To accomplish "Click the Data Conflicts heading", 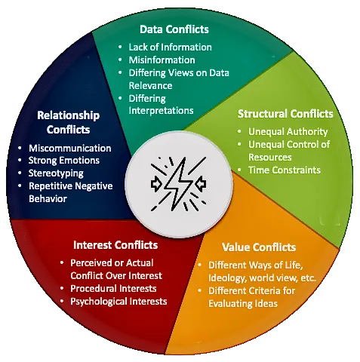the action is coord(174,29).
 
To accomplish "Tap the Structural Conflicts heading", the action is coord(285,114).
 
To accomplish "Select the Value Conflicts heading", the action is coord(259,247).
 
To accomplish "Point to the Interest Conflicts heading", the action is coord(115,245).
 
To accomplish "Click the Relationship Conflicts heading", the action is coord(68,122).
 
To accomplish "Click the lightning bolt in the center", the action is coord(177,184).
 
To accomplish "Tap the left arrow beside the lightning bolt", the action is coord(156,184).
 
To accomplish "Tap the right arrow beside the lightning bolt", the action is coord(202,183).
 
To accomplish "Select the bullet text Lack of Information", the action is coord(170,47).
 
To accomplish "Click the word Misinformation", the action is coord(162,60).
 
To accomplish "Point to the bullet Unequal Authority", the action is coord(288,132).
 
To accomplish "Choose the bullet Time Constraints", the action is coord(285,170).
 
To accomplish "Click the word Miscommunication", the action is coord(70,148).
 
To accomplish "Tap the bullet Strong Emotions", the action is coord(64,161).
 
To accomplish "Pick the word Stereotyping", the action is coord(56,173).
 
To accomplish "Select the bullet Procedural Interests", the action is coord(113,288).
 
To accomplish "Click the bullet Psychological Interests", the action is coord(118,302).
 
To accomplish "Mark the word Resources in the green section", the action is coord(270,157).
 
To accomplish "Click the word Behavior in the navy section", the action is coord(48,198).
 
